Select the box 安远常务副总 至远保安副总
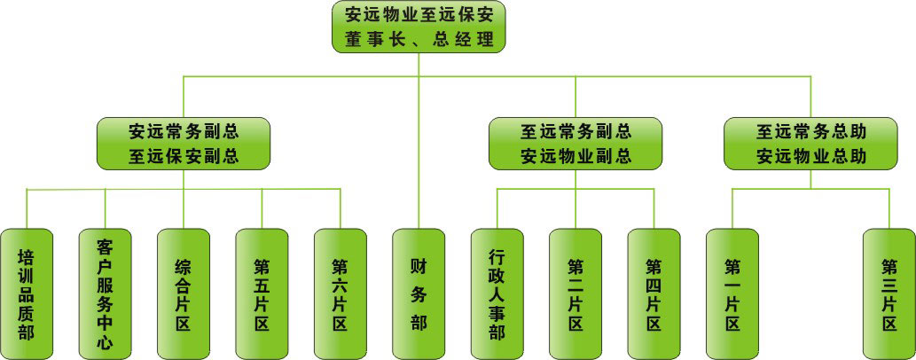(184, 144)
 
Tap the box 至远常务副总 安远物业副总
(575, 144)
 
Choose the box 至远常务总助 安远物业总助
(811, 144)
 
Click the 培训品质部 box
(27, 293)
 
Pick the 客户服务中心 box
(105, 293)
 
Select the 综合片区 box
(184, 293)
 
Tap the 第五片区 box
(262, 293)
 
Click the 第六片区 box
(340, 293)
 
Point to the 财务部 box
(419, 293)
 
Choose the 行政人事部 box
(497, 293)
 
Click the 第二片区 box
(575, 293)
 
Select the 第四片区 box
(654, 293)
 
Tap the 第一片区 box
(732, 293)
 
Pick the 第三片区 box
(889, 293)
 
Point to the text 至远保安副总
(184, 157)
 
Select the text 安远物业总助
(811, 157)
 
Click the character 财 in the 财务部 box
(419, 265)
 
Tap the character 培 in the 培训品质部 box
(27, 256)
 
